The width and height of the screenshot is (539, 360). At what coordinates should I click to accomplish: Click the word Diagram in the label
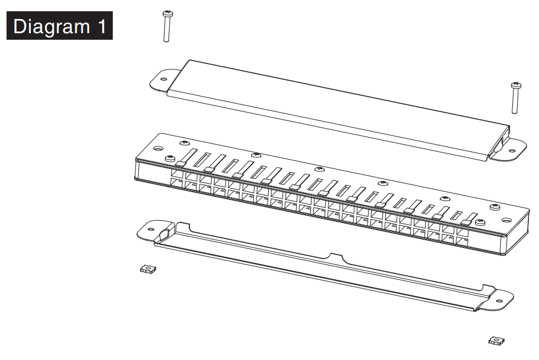point(51,27)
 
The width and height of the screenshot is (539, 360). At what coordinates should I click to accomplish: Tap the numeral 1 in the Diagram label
point(100,27)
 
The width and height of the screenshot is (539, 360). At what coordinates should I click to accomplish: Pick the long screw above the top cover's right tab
point(515,98)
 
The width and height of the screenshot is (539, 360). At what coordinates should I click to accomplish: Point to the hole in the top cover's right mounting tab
point(511,151)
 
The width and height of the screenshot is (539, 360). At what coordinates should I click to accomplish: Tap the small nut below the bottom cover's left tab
point(148,269)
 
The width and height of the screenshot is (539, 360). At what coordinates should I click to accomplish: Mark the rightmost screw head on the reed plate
point(494,206)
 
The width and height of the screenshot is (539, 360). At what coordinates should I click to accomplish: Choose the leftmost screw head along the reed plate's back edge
point(185,142)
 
